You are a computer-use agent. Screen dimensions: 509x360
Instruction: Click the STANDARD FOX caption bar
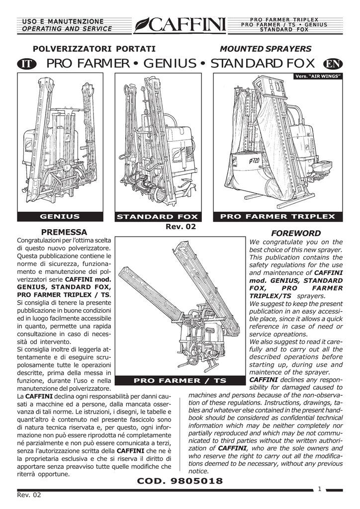157,217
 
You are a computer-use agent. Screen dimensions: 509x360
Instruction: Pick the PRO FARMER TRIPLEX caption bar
277,216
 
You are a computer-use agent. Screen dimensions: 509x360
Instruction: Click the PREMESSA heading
64,232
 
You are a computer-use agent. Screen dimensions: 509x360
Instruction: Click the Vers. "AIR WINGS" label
319,76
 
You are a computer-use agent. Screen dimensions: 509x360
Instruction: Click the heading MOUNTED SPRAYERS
266,49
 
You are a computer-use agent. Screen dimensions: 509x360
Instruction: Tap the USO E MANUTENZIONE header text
62,21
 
